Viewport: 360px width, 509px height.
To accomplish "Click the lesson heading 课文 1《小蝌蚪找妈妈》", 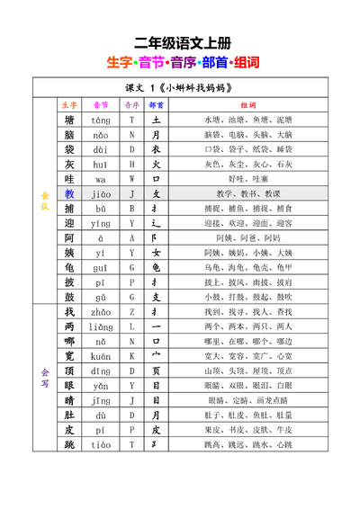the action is (180, 88).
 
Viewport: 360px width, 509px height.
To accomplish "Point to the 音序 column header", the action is (131, 104).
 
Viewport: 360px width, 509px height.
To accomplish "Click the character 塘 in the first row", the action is (69, 120).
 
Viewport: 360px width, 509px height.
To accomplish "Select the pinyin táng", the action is (100, 120).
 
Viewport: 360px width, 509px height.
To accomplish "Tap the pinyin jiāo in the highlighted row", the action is (100, 193).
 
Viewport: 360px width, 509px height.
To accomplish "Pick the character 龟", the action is (69, 267).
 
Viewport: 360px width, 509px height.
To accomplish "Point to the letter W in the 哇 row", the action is (131, 179).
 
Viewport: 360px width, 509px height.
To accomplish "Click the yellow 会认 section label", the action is (44, 201).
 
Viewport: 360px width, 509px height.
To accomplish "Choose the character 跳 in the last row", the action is (69, 444).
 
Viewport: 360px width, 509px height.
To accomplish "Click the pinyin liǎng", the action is (100, 326).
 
